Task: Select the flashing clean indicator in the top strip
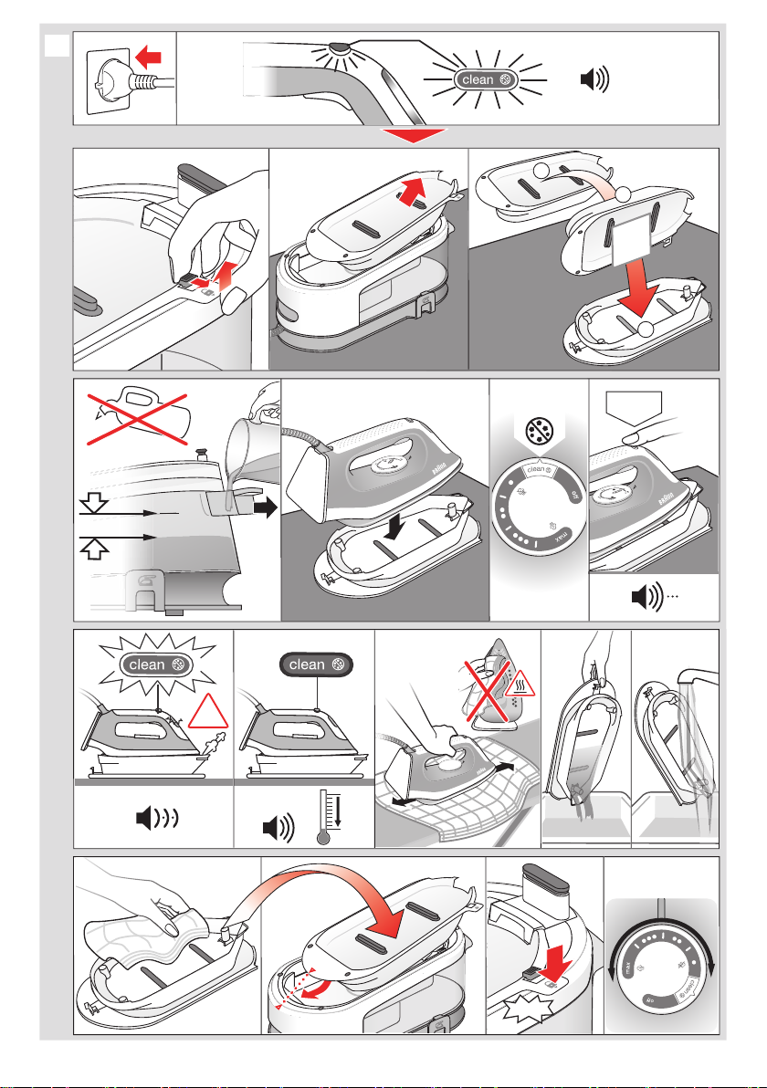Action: (489, 79)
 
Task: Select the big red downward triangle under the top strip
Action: (415, 135)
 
